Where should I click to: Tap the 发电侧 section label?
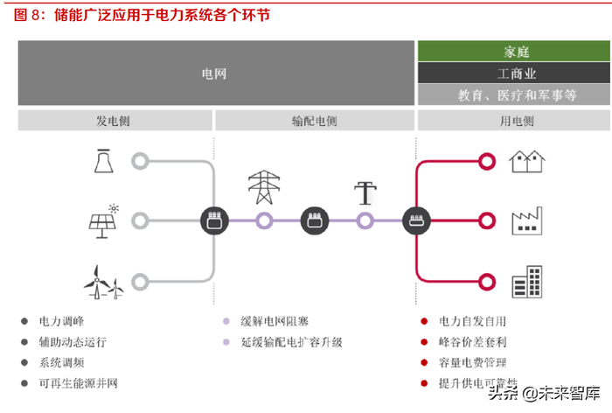click(x=115, y=121)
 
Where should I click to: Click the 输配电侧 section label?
click(x=315, y=121)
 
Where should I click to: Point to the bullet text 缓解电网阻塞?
click(x=277, y=322)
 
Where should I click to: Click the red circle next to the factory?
click(x=487, y=220)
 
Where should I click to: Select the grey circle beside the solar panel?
click(x=140, y=220)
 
